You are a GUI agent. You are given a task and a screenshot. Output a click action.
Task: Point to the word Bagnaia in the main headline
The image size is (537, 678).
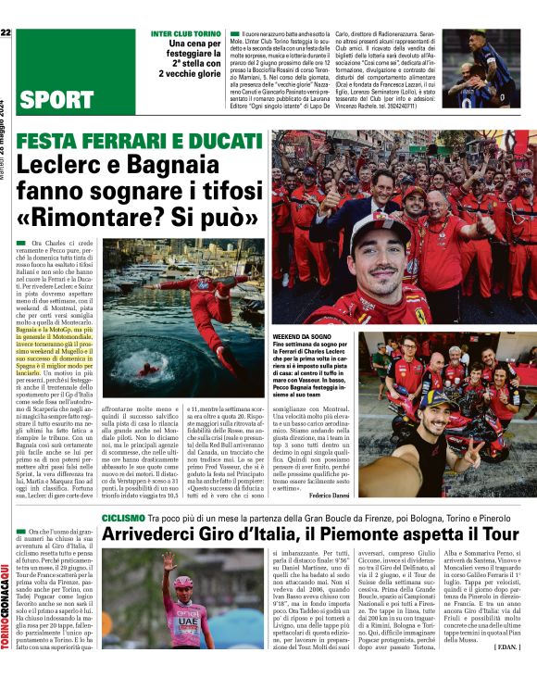pyautogui.click(x=200, y=168)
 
